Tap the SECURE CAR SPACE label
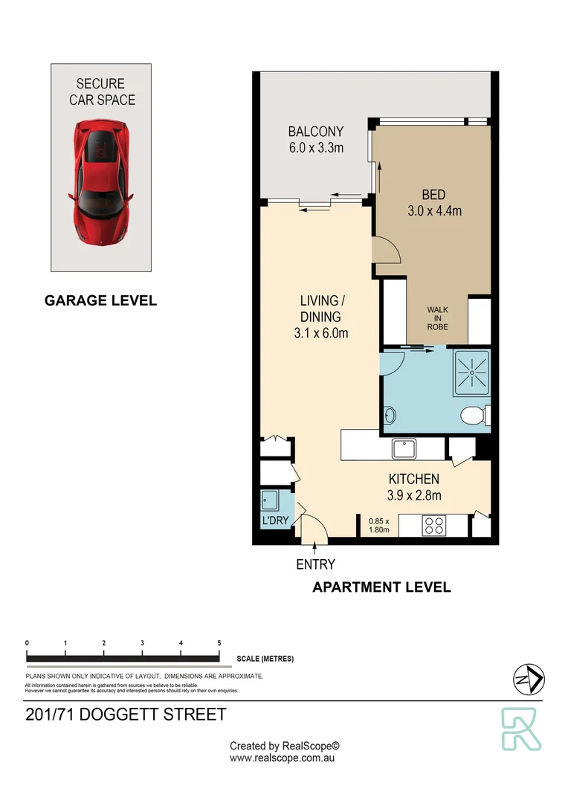click(x=102, y=91)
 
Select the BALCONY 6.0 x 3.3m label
click(x=316, y=140)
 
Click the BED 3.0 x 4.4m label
click(x=434, y=202)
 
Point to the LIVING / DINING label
click(x=323, y=317)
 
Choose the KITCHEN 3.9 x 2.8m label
click(x=413, y=487)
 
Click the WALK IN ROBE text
click(x=437, y=318)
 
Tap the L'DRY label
click(x=275, y=521)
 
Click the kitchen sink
click(x=405, y=449)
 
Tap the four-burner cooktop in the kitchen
click(x=433, y=526)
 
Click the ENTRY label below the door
click(x=315, y=564)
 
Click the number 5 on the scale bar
click(x=219, y=642)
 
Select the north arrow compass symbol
click(x=529, y=677)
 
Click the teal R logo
click(x=521, y=729)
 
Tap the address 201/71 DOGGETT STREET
click(x=126, y=715)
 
